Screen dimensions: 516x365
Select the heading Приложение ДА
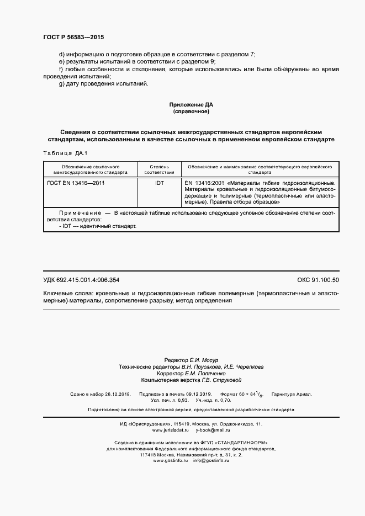191,104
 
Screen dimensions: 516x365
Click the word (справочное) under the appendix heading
191,111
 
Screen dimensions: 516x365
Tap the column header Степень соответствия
159,169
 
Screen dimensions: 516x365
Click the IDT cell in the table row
159,182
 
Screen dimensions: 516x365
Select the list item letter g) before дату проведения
62,83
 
